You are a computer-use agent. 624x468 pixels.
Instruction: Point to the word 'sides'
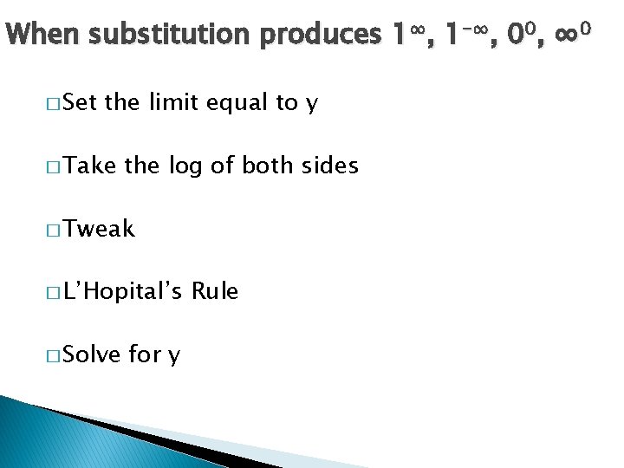point(328,166)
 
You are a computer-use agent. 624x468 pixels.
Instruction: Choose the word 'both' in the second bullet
point(268,166)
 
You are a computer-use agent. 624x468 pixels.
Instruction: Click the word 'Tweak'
point(100,229)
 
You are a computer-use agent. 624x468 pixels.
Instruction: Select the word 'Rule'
point(215,291)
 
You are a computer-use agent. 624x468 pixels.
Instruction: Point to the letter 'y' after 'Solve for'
point(174,355)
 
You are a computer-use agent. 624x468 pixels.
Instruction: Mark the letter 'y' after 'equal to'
point(312,105)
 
